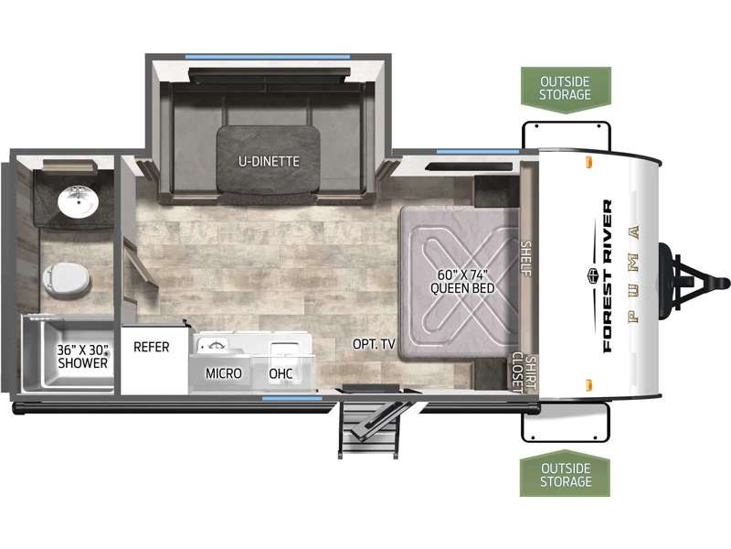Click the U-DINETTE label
coord(269,162)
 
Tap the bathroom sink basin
coord(78,201)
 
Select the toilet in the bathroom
coord(66,279)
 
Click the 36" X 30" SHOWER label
coord(82,356)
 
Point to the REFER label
coord(151,347)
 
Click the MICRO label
coord(223,373)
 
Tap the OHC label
coord(281,373)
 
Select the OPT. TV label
coord(374,344)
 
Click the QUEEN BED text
coord(462,288)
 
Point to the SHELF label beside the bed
coord(526,259)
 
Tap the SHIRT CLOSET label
coord(524,372)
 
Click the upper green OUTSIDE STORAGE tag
coord(566,90)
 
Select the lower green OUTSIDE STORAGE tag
coord(565,473)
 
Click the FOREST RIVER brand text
coord(607,276)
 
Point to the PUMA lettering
coord(633,274)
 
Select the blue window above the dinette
coord(267,57)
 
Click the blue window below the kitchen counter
coord(291,398)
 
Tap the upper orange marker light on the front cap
coord(588,162)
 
